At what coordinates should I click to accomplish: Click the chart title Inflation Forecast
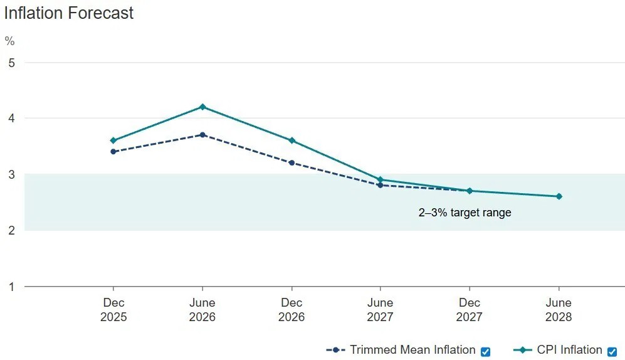(x=69, y=13)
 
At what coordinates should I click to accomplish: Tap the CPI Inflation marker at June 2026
(x=202, y=107)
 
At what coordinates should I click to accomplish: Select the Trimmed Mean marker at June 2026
(x=202, y=135)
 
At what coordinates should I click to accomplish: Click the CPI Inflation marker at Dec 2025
(x=113, y=140)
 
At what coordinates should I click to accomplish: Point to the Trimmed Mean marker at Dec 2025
(x=113, y=152)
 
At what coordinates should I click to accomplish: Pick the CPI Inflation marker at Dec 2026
(x=291, y=140)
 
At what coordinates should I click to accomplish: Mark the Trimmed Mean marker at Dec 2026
(x=291, y=162)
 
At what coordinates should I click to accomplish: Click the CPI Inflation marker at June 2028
(x=559, y=196)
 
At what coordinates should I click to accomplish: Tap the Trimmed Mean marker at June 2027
(x=381, y=185)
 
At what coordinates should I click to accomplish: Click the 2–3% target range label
(x=465, y=213)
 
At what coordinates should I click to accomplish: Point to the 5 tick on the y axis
(x=10, y=63)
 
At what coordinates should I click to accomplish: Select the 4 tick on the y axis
(x=10, y=119)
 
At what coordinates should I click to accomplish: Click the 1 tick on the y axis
(x=10, y=287)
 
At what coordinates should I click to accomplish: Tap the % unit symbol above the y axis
(x=9, y=41)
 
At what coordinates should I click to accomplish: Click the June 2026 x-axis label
(x=202, y=310)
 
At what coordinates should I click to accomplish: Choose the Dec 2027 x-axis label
(x=470, y=310)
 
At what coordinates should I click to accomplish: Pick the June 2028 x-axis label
(x=559, y=310)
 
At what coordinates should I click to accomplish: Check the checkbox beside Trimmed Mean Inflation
(x=485, y=351)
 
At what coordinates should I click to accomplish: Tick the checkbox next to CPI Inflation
(x=612, y=351)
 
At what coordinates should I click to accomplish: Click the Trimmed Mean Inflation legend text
(x=412, y=350)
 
